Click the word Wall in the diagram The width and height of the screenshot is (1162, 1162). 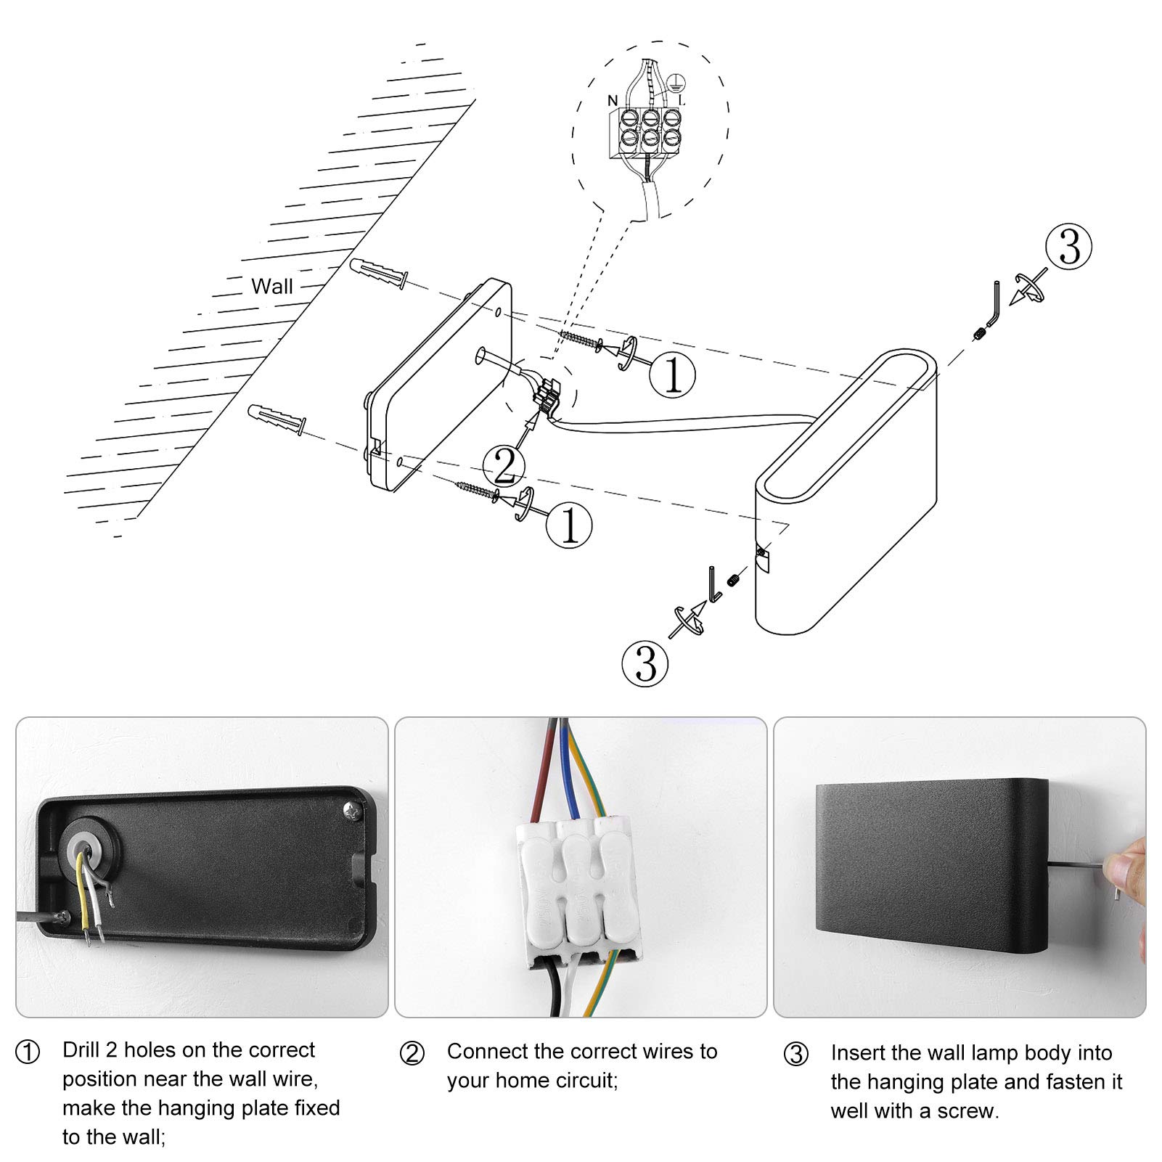(x=272, y=286)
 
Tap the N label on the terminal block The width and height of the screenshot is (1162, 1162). (x=613, y=99)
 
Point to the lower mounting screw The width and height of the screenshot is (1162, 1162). (x=477, y=488)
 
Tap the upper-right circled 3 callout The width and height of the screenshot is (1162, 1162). (x=1068, y=247)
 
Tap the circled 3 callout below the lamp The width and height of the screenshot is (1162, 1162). (x=645, y=663)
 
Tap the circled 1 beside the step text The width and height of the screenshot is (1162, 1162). (x=28, y=1052)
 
